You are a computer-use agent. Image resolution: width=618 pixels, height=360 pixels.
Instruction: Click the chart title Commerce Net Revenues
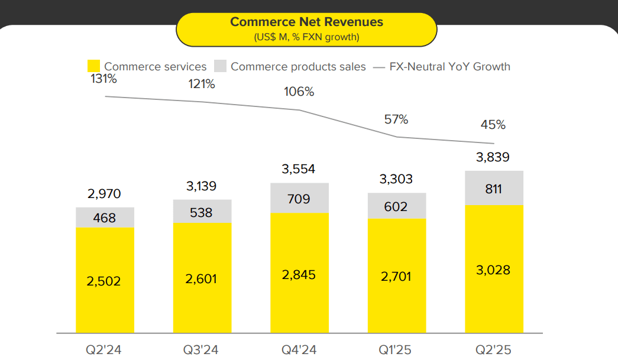point(306,22)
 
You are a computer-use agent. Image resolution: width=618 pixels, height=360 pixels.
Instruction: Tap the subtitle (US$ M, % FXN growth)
point(306,37)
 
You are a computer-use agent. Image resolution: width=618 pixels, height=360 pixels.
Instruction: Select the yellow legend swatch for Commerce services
point(94,66)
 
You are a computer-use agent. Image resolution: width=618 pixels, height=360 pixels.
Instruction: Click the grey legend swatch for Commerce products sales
point(220,66)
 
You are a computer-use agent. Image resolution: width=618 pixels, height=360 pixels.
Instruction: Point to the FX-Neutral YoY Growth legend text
point(449,67)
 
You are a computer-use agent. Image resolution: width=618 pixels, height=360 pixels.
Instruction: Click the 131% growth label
point(103,79)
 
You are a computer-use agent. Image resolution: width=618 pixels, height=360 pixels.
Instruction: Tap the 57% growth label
point(396,119)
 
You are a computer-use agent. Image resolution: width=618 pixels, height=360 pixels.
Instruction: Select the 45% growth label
point(493,125)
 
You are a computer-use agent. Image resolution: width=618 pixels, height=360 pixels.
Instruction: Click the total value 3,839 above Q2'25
point(493,158)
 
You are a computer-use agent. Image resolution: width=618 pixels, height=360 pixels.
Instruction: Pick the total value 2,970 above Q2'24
point(104,194)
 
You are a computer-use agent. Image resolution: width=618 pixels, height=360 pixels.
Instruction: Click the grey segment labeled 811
point(494,189)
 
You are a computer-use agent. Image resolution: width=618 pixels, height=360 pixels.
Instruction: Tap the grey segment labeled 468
point(105,218)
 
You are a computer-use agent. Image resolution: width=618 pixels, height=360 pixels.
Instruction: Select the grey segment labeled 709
point(299,199)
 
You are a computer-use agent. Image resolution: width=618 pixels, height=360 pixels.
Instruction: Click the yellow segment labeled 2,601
point(202,278)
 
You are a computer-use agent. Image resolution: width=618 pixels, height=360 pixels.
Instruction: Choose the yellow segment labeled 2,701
point(396,277)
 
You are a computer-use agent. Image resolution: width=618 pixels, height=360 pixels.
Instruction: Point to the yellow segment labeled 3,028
point(494,270)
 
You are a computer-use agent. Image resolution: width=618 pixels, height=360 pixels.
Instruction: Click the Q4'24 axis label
point(299,350)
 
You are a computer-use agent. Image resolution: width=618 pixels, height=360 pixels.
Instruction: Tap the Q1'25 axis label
point(396,350)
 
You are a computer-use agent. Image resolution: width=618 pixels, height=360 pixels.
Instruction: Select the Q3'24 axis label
point(202,350)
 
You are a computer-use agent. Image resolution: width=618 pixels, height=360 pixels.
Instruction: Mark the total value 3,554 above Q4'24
point(299,170)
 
